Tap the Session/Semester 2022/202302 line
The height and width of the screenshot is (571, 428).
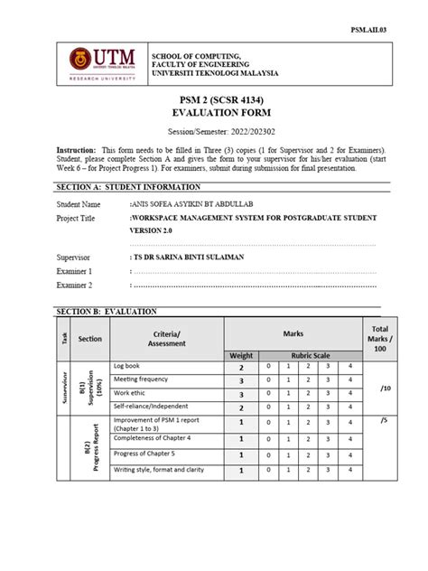[214, 130]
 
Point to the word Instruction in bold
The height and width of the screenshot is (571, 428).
[76, 149]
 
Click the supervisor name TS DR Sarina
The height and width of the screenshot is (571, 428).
[200, 256]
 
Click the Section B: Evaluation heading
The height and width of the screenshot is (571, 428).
[100, 311]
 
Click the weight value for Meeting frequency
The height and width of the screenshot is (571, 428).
[241, 380]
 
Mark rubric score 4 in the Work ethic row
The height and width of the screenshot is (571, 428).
[350, 394]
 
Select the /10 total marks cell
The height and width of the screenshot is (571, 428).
[385, 388]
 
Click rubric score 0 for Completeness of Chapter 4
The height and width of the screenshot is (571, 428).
[267, 438]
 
